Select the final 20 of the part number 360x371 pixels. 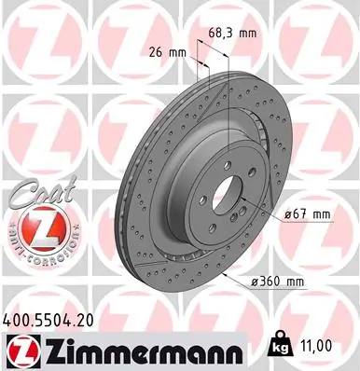[x=90, y=317]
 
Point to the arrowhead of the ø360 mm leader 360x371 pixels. [x=224, y=277]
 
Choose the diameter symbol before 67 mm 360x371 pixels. [x=288, y=215]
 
